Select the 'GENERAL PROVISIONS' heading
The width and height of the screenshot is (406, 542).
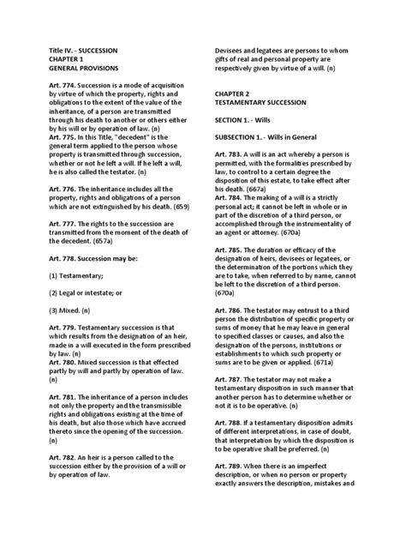coord(78,65)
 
